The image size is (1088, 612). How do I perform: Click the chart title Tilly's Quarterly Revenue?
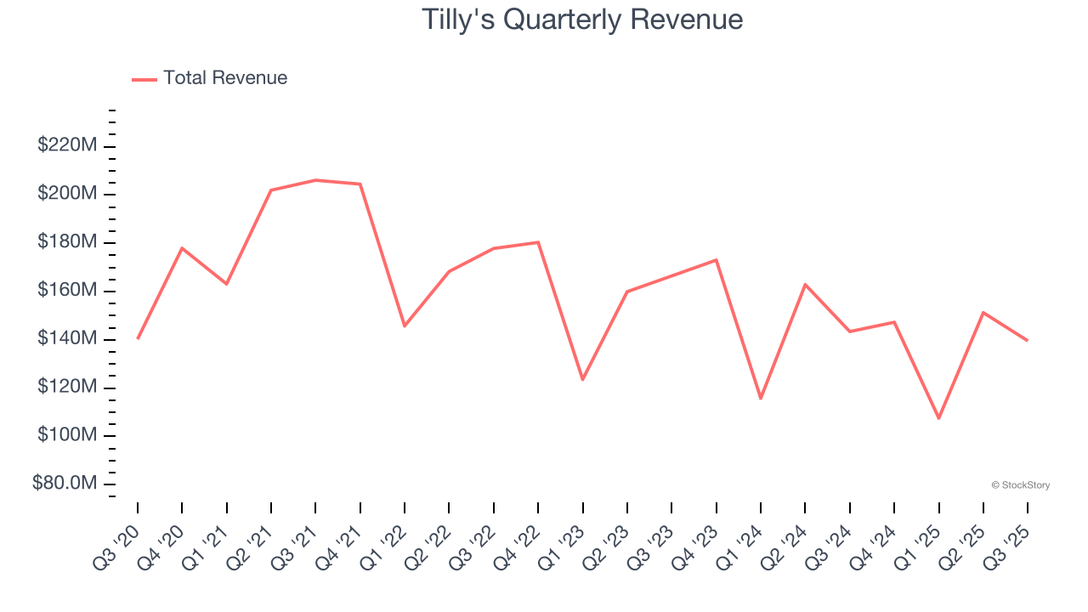coord(582,20)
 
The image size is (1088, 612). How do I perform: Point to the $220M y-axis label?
coord(67,145)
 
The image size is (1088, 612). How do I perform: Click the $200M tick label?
coord(67,194)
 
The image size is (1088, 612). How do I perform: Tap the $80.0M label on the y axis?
coord(65,484)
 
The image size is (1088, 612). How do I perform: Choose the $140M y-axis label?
coord(67,339)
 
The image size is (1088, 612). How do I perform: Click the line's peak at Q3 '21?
coord(315,180)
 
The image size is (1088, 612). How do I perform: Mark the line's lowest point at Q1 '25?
coord(938,418)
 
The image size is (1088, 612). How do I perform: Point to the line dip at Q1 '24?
coord(761,399)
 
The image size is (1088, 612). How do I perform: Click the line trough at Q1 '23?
coord(582,379)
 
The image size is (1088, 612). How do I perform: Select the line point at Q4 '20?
coord(182,248)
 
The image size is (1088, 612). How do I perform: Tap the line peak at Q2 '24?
coord(805,284)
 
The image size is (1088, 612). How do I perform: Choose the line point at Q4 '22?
coord(538,242)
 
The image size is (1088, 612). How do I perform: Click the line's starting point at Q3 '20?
coord(138,338)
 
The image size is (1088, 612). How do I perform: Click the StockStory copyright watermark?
coord(1020,485)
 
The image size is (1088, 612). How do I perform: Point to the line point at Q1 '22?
coord(405,326)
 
